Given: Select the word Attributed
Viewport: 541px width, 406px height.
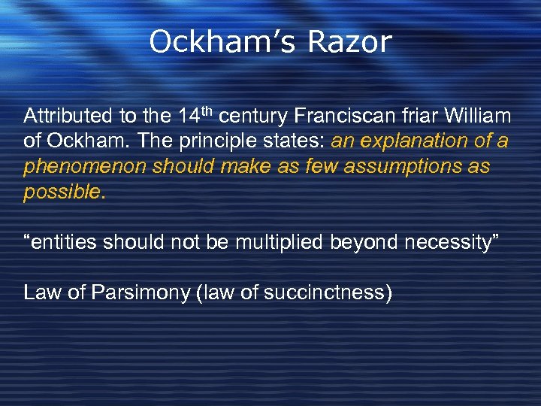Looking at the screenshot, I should pos(69,117).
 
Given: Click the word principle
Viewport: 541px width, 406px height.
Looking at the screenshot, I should pos(195,142).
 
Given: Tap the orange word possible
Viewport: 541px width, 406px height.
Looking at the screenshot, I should pos(62,192).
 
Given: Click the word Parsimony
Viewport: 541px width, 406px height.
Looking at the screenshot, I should pos(141,292).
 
